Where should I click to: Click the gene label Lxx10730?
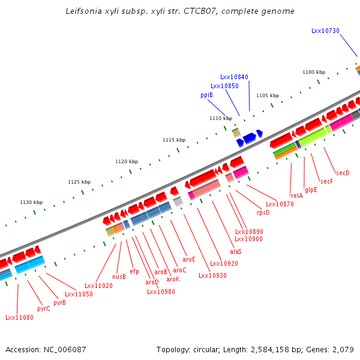[x=325, y=31]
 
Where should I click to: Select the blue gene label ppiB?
[x=206, y=95]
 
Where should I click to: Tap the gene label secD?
[x=343, y=173]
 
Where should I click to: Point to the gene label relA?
[x=296, y=196]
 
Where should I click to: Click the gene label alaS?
[x=236, y=251]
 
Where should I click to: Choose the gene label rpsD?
[x=263, y=212]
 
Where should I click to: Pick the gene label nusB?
[x=119, y=277]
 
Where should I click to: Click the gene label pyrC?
[x=44, y=308]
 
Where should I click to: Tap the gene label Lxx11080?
[x=19, y=317]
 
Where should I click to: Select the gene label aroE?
[x=189, y=259]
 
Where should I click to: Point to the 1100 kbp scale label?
[x=313, y=72]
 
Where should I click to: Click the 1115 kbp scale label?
[x=173, y=140]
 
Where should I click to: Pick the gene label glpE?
[x=311, y=190]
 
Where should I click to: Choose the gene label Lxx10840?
[x=234, y=77]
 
